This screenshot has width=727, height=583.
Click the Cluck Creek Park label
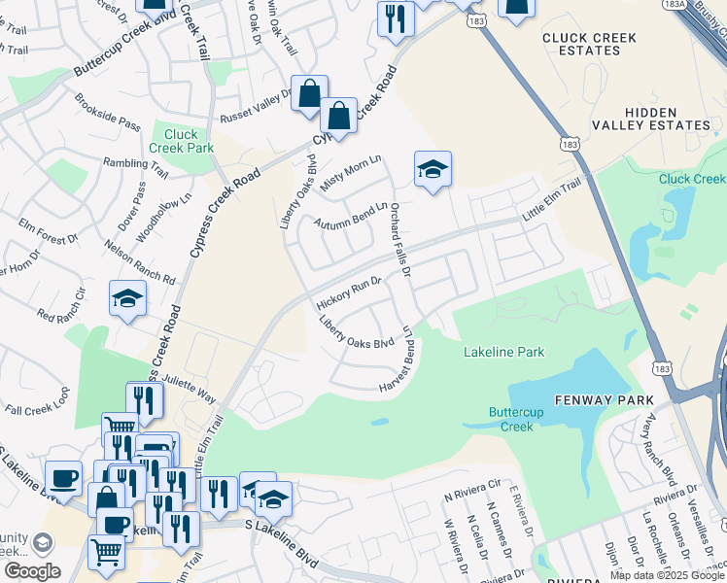coord(174,142)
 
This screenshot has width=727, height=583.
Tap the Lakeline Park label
coord(503,352)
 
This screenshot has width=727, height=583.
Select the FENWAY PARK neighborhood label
coord(594,400)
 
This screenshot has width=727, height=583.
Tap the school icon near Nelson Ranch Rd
coord(127,299)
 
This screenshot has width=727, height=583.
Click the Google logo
coord(31,571)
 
